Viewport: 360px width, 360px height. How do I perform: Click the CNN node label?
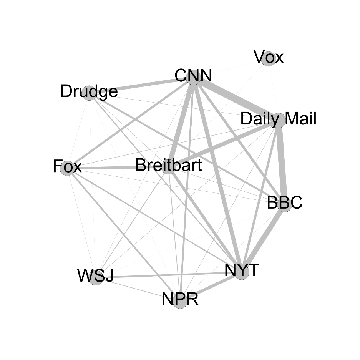pos(193,76)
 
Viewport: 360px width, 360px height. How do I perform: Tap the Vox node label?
pos(269,58)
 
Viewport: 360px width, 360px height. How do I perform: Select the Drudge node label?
pos(89,92)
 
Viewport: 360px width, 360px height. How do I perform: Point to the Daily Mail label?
pos(278,119)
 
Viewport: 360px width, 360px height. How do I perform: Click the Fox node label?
pos(68,167)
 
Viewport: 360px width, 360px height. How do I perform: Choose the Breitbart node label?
pos(168,166)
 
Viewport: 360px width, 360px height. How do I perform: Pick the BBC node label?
pos(284,202)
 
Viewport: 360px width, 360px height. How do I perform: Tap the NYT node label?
pos(242,270)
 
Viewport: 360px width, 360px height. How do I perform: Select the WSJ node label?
pos(95,276)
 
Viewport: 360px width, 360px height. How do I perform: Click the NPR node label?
pos(180,299)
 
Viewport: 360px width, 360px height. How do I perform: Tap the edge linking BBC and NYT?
pos(264,237)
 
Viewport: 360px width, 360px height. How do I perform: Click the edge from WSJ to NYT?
pos(169,275)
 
